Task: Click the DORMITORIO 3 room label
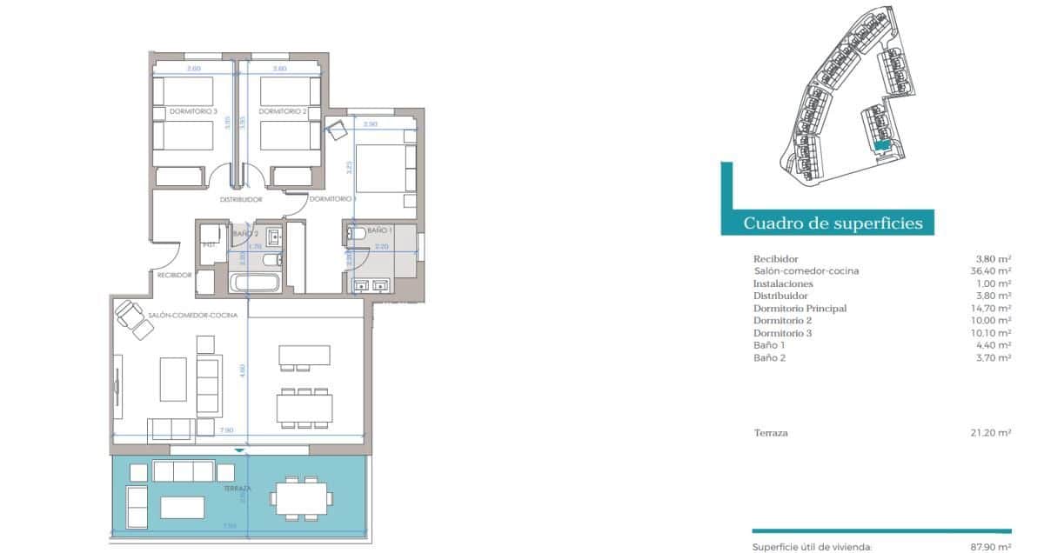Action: tap(192, 112)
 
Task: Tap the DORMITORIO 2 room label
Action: tap(283, 112)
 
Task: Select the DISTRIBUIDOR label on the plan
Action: tap(241, 199)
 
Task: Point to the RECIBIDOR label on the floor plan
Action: tap(174, 275)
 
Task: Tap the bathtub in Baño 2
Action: tap(254, 283)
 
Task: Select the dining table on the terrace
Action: tap(300, 498)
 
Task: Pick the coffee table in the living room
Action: tap(173, 379)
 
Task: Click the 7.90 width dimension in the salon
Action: tap(226, 430)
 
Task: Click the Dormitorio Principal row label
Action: tap(800, 309)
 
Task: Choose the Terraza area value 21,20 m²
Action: tap(993, 433)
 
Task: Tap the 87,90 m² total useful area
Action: tap(991, 547)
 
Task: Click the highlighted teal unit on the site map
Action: tap(882, 147)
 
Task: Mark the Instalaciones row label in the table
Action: tap(783, 283)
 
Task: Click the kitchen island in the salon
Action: tap(304, 356)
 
